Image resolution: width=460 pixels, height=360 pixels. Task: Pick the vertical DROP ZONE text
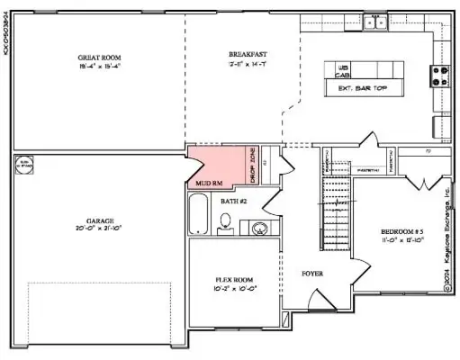point(253,167)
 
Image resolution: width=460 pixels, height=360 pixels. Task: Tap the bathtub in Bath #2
point(200,216)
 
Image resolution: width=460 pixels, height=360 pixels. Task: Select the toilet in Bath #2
point(225,228)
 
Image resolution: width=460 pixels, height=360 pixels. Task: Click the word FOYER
point(311,274)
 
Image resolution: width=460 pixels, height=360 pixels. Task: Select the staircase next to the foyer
point(335,212)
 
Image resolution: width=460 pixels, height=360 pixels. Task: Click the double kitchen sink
point(375,22)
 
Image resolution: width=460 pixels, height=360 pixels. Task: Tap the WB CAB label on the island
point(342,72)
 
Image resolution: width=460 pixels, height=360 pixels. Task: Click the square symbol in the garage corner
point(24,166)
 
